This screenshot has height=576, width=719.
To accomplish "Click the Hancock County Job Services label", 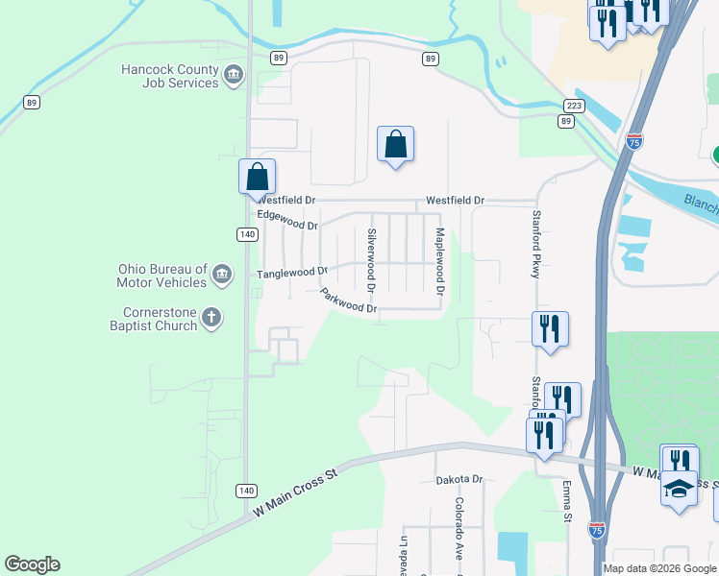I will coord(169,76).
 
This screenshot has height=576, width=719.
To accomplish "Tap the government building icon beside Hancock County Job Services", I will coord(234,75).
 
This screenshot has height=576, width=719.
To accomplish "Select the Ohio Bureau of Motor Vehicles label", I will coord(161,276).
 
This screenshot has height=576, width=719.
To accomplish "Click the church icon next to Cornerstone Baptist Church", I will coord(211,317).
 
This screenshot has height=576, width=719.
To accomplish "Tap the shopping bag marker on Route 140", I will coord(257,177).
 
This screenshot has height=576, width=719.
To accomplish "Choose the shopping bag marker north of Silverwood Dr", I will coord(395,145).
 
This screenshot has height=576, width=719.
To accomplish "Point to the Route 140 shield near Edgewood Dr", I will coord(247,234).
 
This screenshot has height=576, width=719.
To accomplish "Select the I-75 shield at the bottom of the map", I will coord(597,530).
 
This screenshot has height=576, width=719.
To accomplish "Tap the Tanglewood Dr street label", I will coord(292,273).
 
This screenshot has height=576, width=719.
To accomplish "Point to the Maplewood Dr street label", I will coord(440,260).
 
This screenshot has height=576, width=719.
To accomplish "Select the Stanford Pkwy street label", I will coord(536,246).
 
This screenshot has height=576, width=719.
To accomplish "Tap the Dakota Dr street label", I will coord(459,479).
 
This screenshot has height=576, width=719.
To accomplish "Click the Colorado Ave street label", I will coord(459,529).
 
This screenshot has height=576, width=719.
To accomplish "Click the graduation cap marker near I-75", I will coord(679,490).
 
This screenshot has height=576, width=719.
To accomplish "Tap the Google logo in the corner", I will coord(32,564).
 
